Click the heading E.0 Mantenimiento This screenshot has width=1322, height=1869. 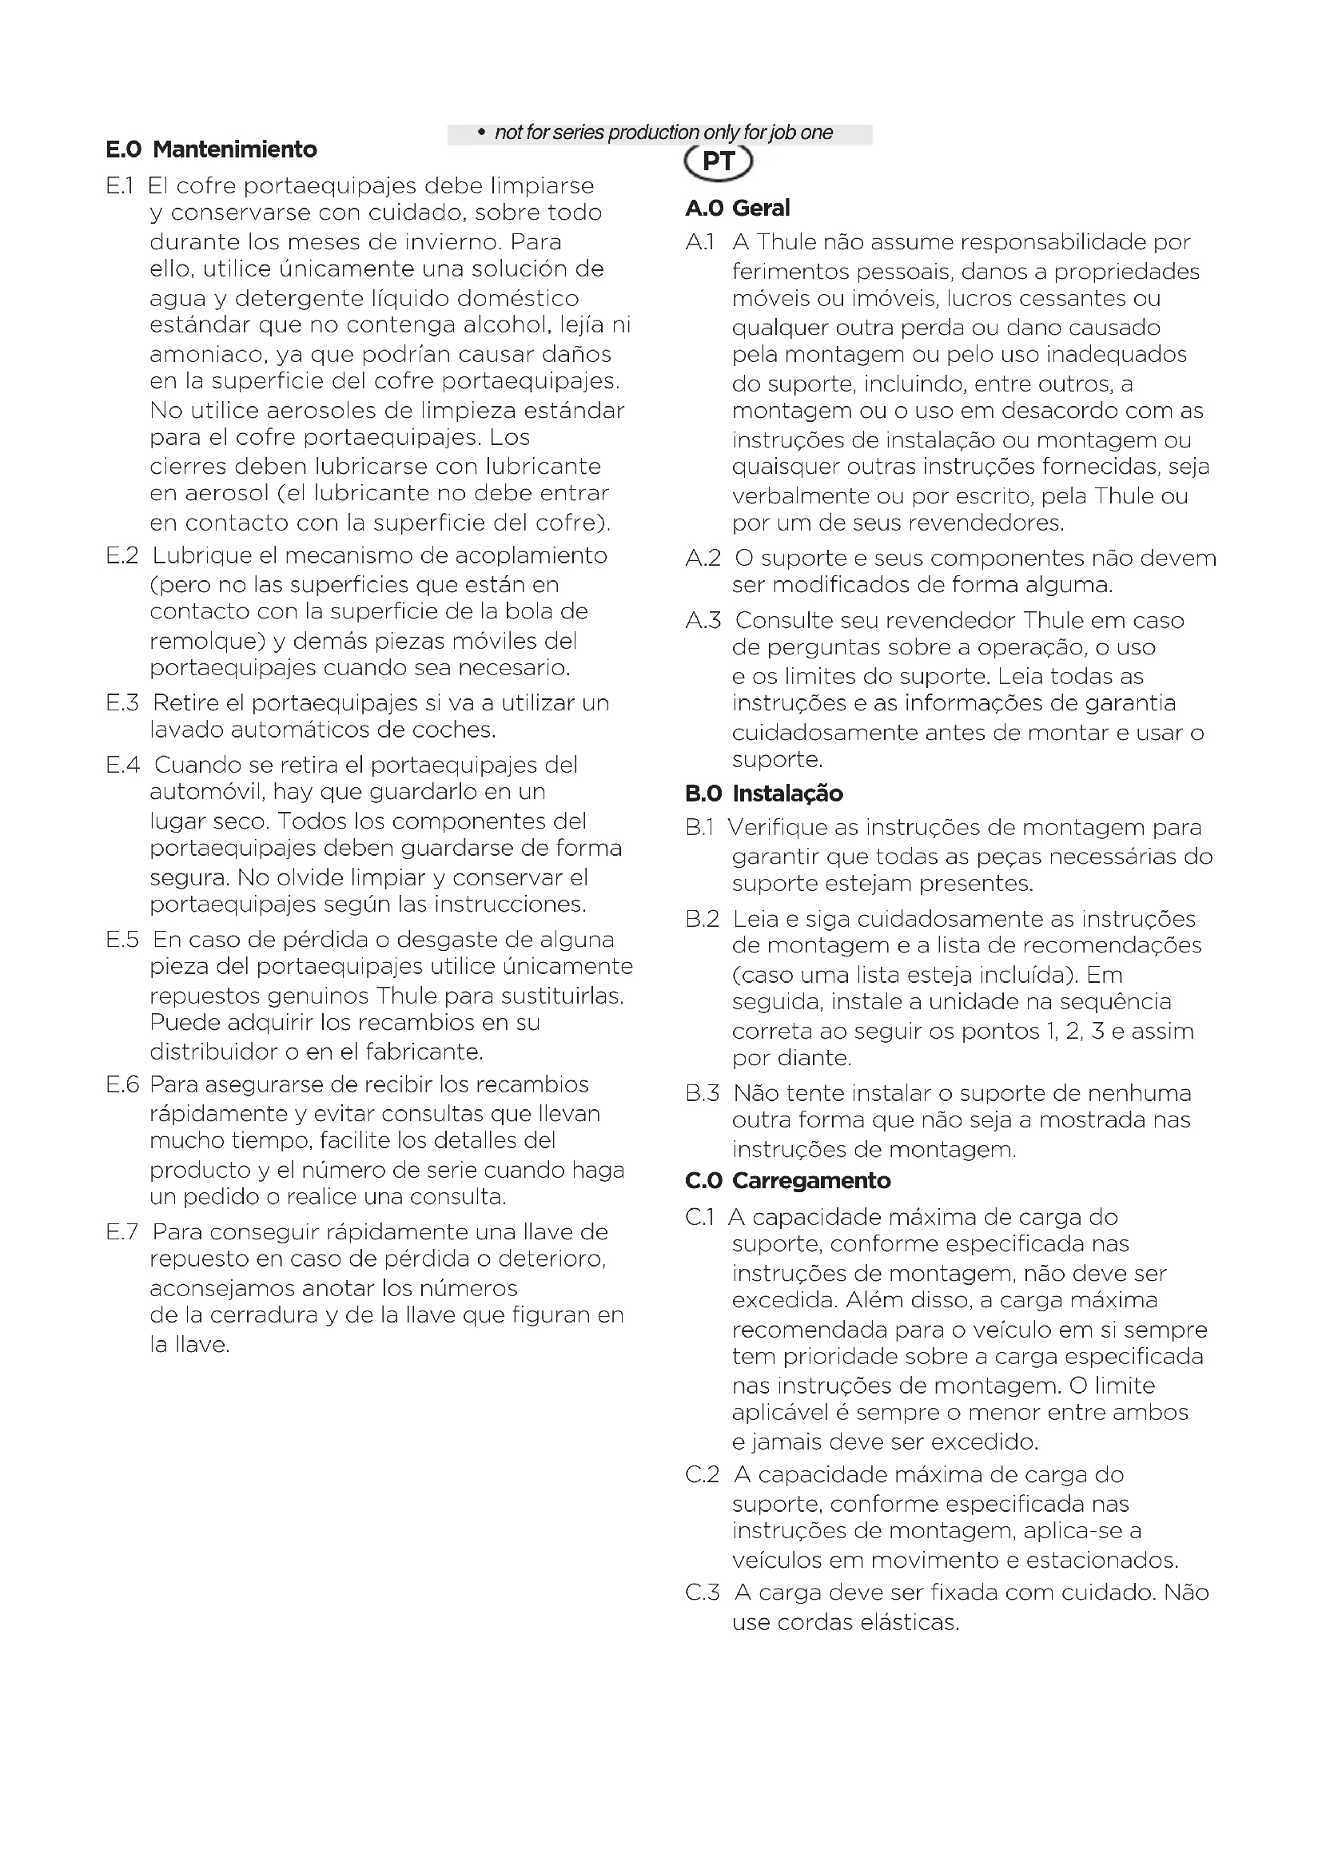click(211, 149)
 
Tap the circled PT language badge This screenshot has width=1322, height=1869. click(718, 161)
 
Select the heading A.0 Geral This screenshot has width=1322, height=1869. click(737, 209)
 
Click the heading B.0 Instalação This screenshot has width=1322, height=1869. click(763, 793)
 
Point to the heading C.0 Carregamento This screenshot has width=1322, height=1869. click(787, 1181)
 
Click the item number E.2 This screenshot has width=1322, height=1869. click(123, 556)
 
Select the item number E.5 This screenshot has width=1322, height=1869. click(123, 940)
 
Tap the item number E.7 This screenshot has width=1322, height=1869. click(123, 1232)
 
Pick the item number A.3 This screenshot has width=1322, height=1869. click(703, 621)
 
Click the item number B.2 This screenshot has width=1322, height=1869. click(703, 920)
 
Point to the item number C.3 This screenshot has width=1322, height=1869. click(703, 1593)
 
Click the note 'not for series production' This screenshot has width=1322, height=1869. click(663, 133)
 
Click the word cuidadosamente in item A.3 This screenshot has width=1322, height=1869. click(824, 733)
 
